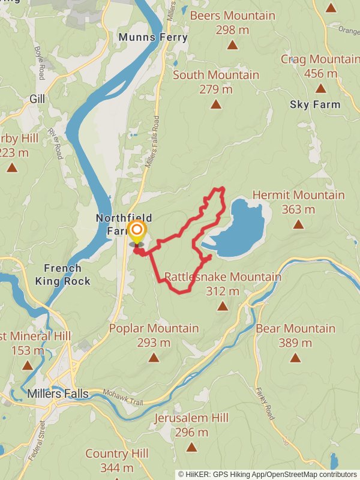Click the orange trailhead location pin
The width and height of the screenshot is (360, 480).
(137, 232)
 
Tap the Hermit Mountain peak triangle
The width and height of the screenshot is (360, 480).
(298, 224)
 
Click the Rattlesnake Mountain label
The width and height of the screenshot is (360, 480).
(223, 277)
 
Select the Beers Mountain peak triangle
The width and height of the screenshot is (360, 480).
(231, 44)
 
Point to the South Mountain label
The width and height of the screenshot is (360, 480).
(216, 75)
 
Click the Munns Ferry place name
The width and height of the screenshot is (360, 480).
(153, 37)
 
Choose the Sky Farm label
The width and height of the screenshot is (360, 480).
(315, 104)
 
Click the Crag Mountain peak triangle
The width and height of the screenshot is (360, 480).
(320, 89)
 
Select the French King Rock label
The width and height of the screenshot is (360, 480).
(62, 274)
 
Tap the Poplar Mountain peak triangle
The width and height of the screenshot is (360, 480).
(154, 358)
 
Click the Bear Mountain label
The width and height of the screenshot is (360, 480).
(295, 329)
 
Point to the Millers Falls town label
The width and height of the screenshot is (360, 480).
(58, 394)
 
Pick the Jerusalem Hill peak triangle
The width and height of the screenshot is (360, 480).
(191, 447)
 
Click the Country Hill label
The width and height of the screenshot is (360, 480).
(116, 454)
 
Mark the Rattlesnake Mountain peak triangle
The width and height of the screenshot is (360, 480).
(223, 307)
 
